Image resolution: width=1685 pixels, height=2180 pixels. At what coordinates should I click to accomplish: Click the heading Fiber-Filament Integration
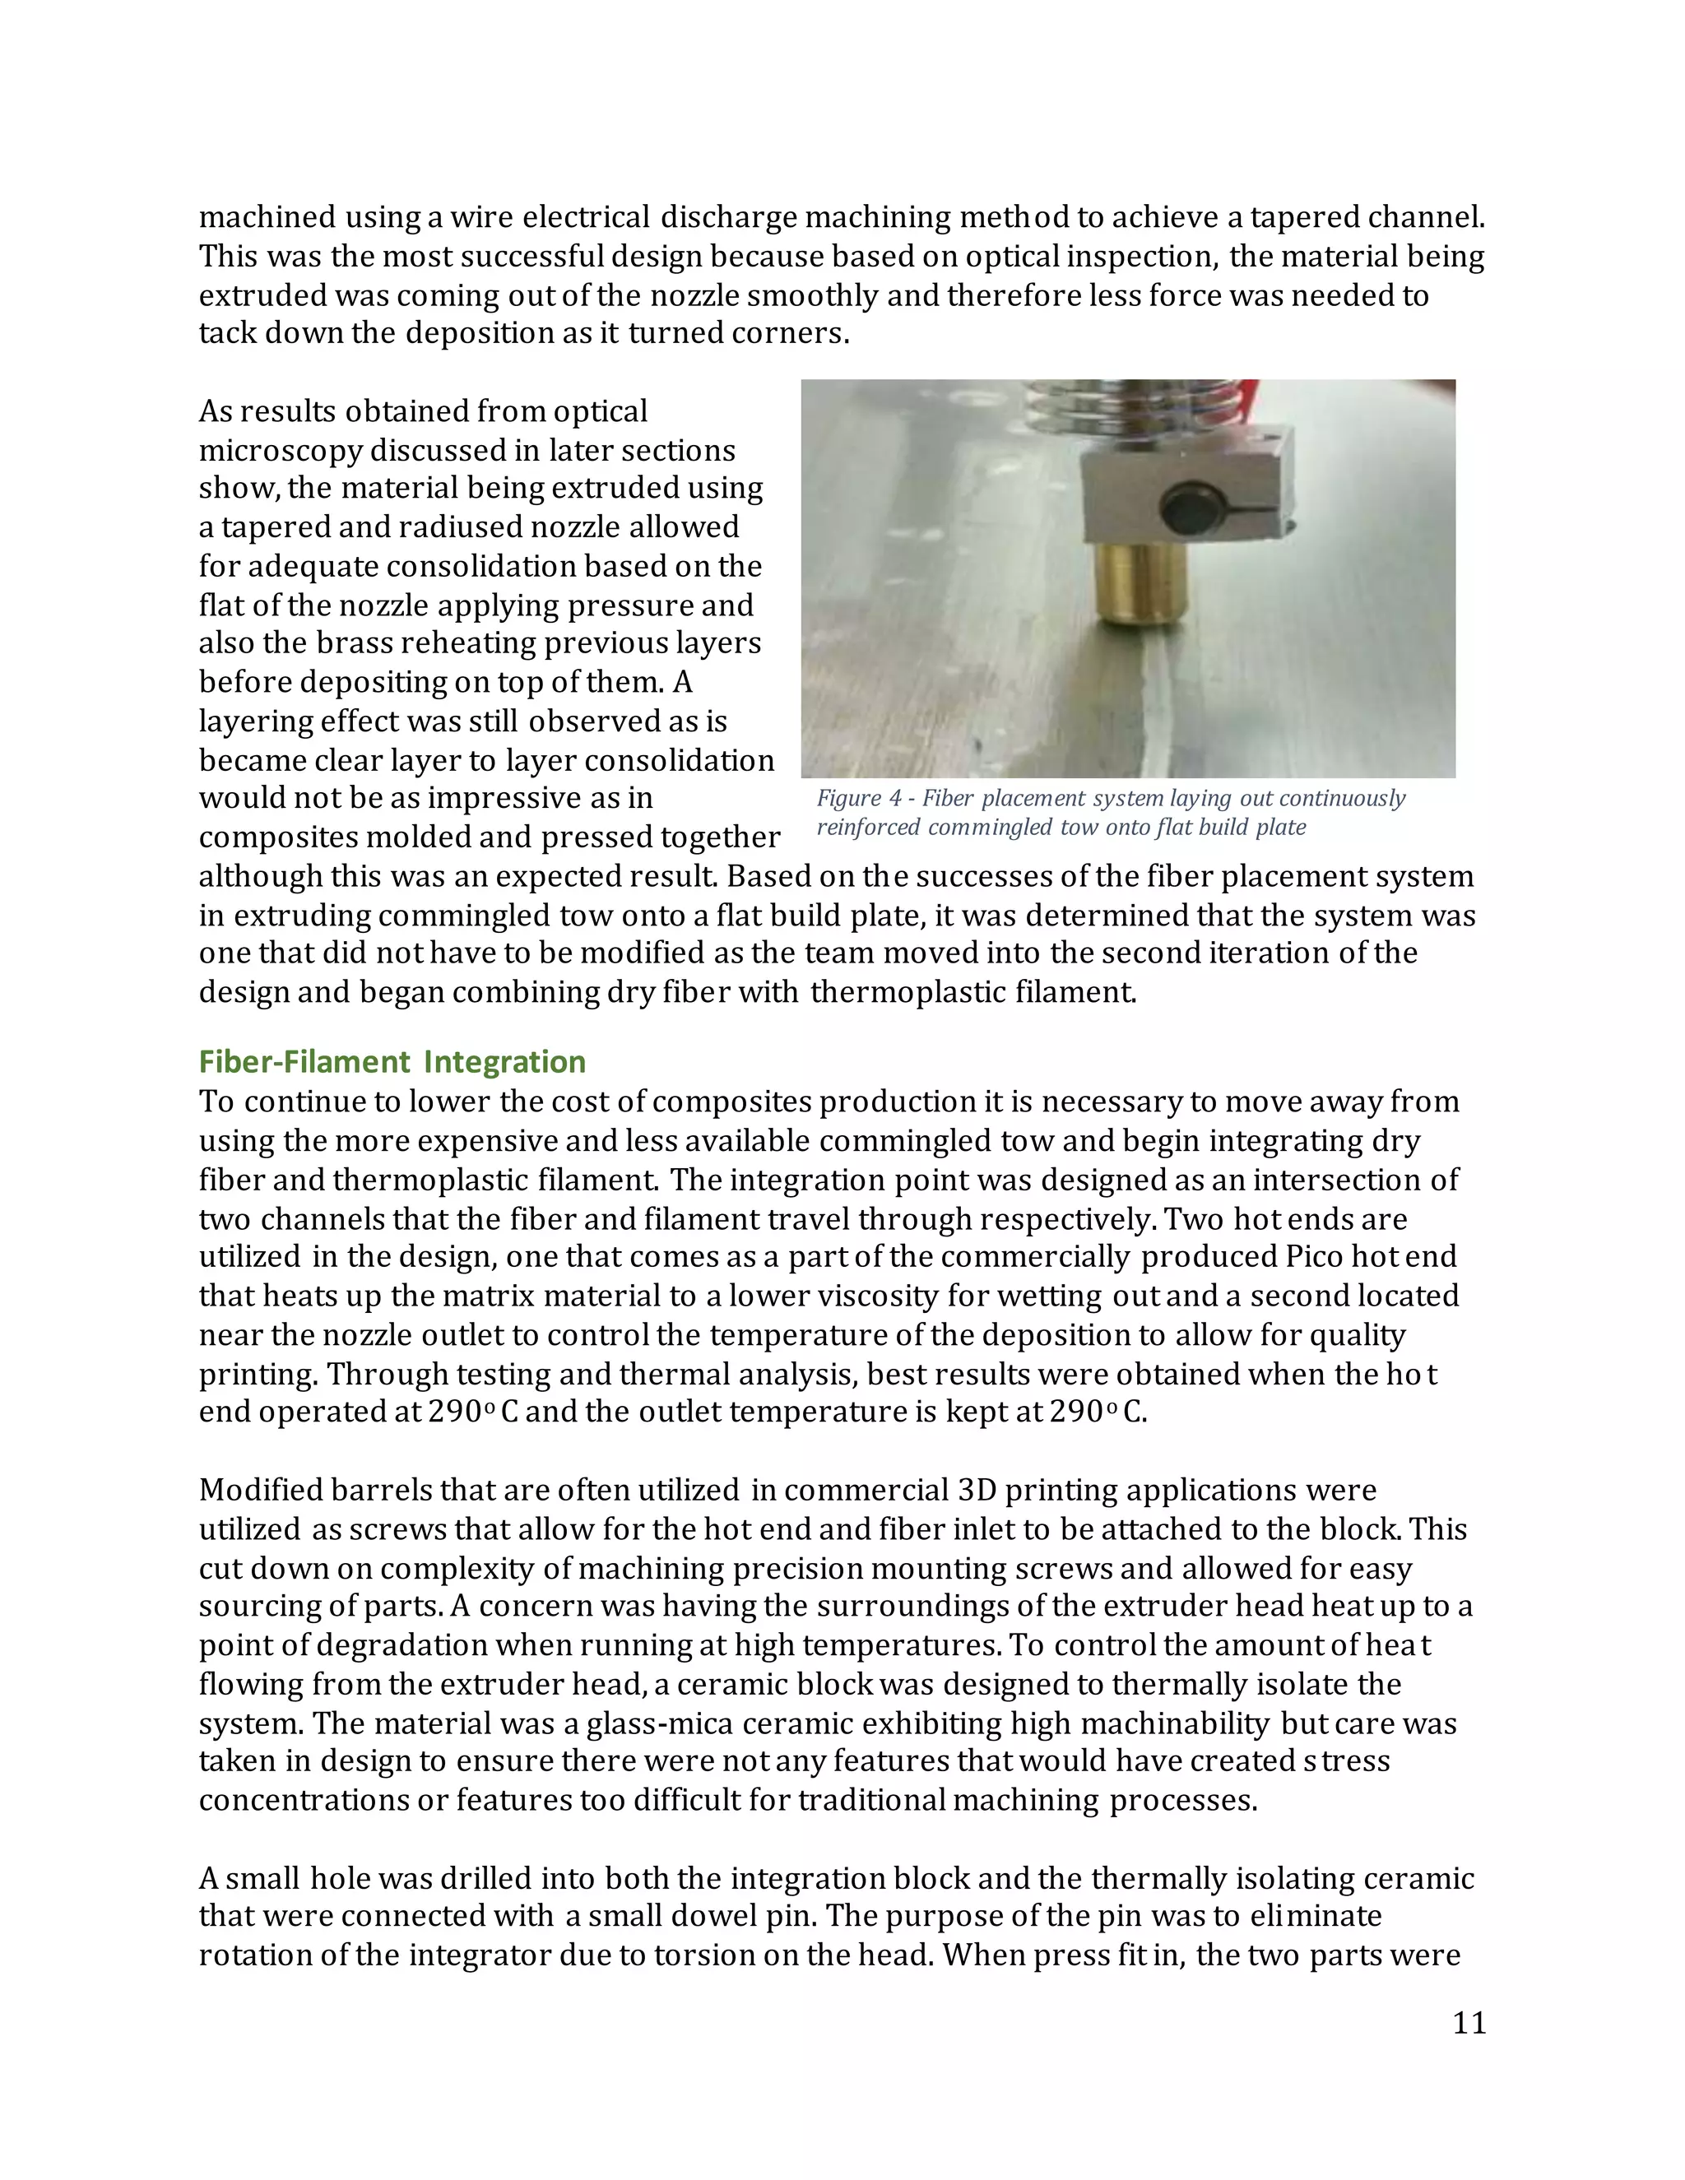[392, 1061]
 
